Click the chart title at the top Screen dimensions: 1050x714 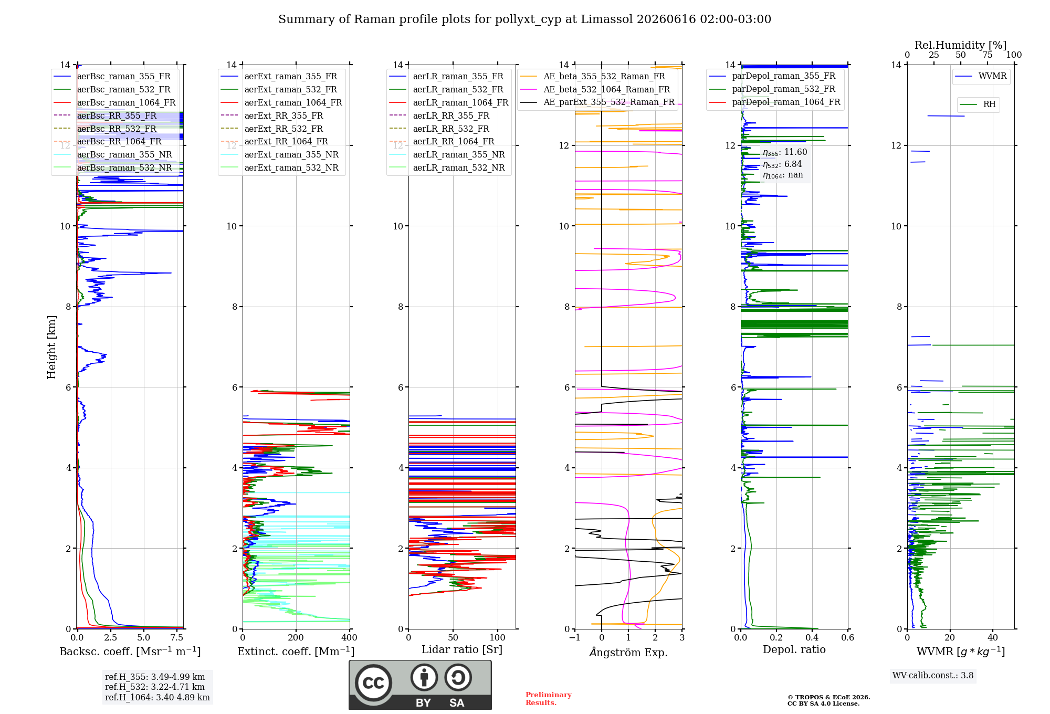[x=524, y=19]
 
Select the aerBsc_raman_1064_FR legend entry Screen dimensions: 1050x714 [x=115, y=102]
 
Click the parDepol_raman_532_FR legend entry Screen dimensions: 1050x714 [x=772, y=89]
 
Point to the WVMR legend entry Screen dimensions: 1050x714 [x=981, y=76]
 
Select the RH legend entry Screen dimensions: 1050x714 [x=978, y=104]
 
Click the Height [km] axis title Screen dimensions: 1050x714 [x=51, y=347]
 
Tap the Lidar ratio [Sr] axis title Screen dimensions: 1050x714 [x=462, y=649]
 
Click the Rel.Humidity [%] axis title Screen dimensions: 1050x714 [x=961, y=45]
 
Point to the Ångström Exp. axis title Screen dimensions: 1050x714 [x=628, y=652]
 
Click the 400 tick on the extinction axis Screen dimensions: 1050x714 [x=350, y=637]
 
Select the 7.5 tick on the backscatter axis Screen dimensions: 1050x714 [x=177, y=637]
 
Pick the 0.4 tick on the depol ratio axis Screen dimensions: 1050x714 [x=812, y=637]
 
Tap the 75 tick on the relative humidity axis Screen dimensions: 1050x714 [x=988, y=55]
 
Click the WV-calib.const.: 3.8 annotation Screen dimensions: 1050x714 [x=933, y=676]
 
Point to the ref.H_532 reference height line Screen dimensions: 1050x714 [x=155, y=687]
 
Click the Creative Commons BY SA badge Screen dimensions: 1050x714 [x=421, y=685]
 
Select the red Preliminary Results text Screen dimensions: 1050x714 [x=549, y=699]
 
